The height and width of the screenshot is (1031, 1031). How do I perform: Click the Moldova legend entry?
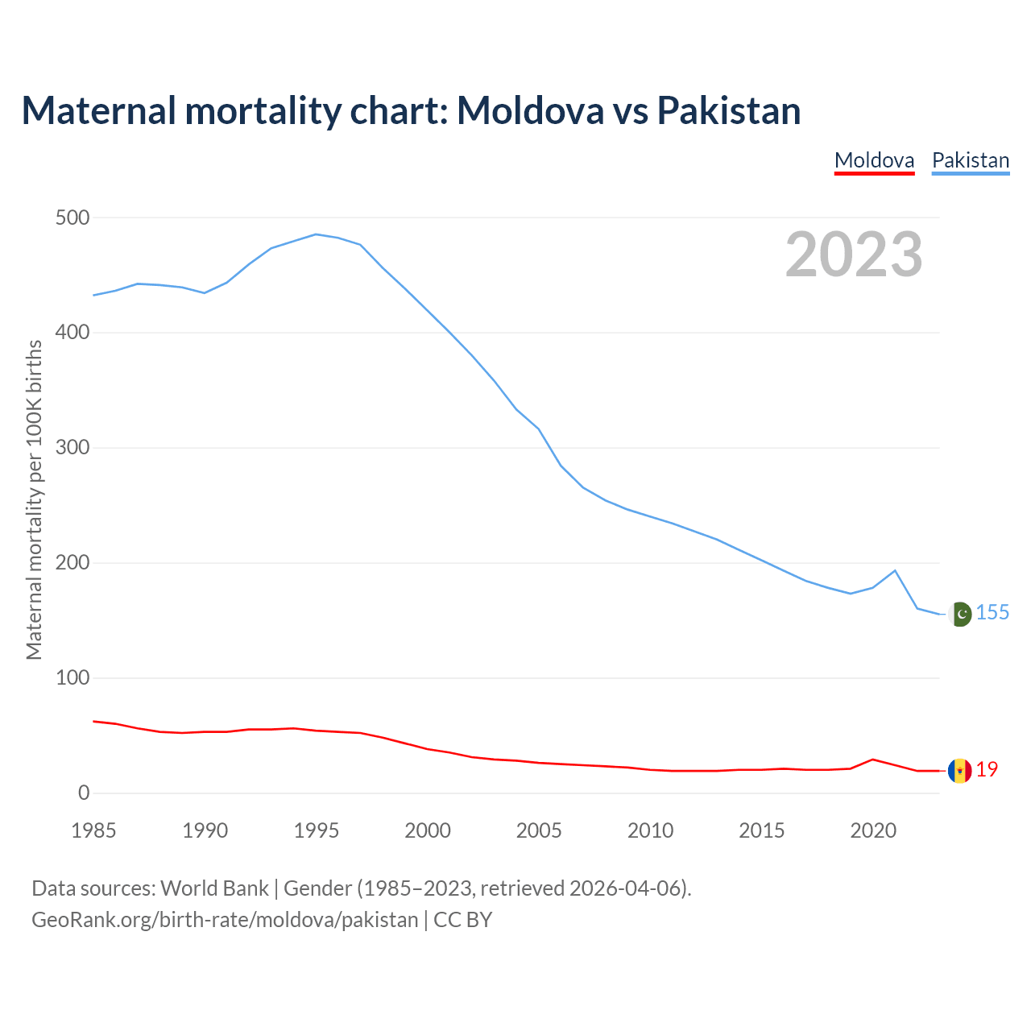click(874, 160)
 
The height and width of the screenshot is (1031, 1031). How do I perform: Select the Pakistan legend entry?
click(970, 160)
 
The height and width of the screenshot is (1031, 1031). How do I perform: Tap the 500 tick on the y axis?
click(72, 218)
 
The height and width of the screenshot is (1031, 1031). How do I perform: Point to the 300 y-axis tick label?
click(72, 448)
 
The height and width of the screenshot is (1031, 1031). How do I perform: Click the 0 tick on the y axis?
click(84, 793)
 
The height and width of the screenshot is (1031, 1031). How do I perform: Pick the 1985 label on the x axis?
click(93, 830)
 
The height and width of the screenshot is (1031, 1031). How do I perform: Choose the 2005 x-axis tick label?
click(539, 830)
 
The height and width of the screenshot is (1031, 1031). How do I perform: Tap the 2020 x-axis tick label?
click(873, 830)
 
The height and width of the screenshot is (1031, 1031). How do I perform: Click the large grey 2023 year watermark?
click(854, 255)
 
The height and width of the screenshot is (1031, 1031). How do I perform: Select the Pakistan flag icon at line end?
click(959, 614)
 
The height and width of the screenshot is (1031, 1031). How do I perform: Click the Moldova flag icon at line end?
click(959, 771)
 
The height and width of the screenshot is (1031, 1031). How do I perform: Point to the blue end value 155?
click(992, 613)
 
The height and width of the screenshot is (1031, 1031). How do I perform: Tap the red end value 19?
click(987, 770)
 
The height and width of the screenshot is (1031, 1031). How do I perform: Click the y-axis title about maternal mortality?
click(34, 499)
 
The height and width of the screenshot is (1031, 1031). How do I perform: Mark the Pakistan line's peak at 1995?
click(316, 234)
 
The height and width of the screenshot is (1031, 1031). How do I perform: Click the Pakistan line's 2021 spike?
click(895, 571)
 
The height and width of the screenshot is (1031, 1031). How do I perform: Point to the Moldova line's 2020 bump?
click(873, 760)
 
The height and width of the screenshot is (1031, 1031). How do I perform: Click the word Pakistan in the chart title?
click(728, 110)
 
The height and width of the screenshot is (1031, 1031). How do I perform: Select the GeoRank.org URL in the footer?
click(225, 920)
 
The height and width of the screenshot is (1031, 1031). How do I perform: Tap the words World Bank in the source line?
click(214, 888)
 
